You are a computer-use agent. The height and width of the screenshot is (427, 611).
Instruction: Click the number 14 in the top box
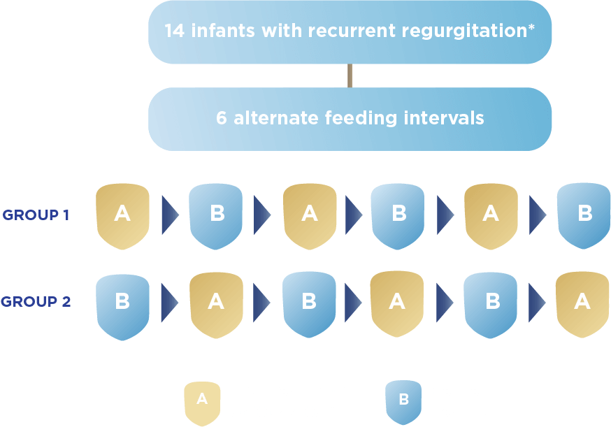[x=174, y=31]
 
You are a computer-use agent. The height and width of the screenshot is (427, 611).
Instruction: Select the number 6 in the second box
[x=222, y=118]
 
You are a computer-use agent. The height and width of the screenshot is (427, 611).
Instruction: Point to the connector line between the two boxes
[x=350, y=75]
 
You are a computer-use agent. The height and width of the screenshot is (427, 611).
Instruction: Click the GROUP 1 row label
[x=36, y=215]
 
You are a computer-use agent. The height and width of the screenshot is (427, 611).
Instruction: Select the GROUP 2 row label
[x=36, y=302]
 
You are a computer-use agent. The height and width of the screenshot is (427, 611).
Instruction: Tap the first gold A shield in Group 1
[x=122, y=215]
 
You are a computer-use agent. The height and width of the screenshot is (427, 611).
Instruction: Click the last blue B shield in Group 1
[x=584, y=215]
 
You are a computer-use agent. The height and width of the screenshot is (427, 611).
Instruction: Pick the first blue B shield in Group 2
[x=122, y=302]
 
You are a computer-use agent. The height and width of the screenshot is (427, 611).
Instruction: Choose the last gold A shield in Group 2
[x=582, y=302]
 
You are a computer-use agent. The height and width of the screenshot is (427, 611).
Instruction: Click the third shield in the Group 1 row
[x=309, y=215]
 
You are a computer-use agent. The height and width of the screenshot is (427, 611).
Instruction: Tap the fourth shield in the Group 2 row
[x=396, y=302]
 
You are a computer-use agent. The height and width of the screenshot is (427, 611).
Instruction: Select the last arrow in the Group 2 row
[x=537, y=302]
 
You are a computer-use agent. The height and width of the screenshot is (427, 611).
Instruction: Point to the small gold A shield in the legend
[x=202, y=400]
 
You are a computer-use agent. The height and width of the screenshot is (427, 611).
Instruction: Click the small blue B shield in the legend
[x=403, y=400]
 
